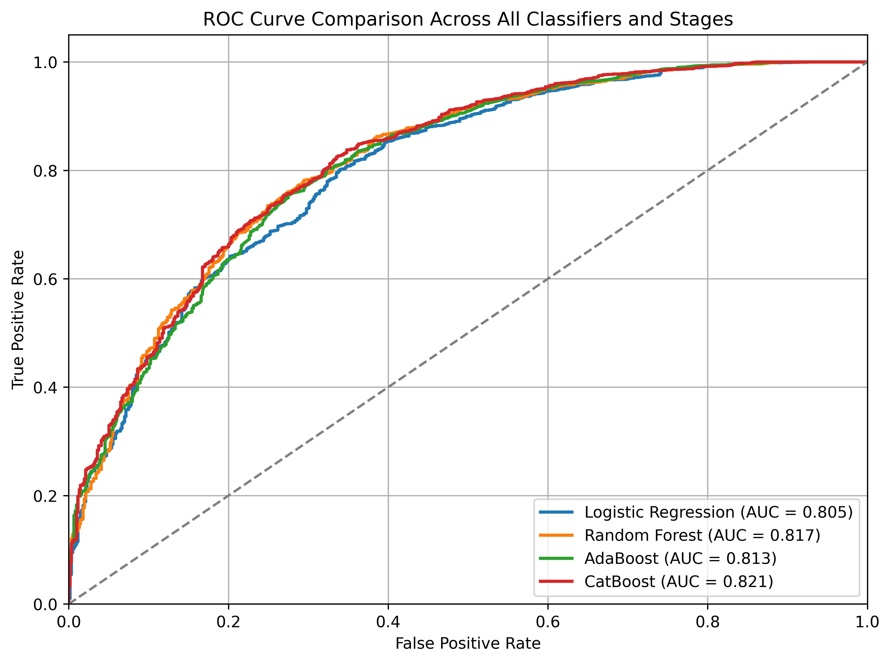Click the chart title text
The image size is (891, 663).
(x=468, y=19)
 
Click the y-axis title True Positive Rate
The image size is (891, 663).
(x=18, y=320)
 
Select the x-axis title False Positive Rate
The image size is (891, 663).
(x=468, y=643)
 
